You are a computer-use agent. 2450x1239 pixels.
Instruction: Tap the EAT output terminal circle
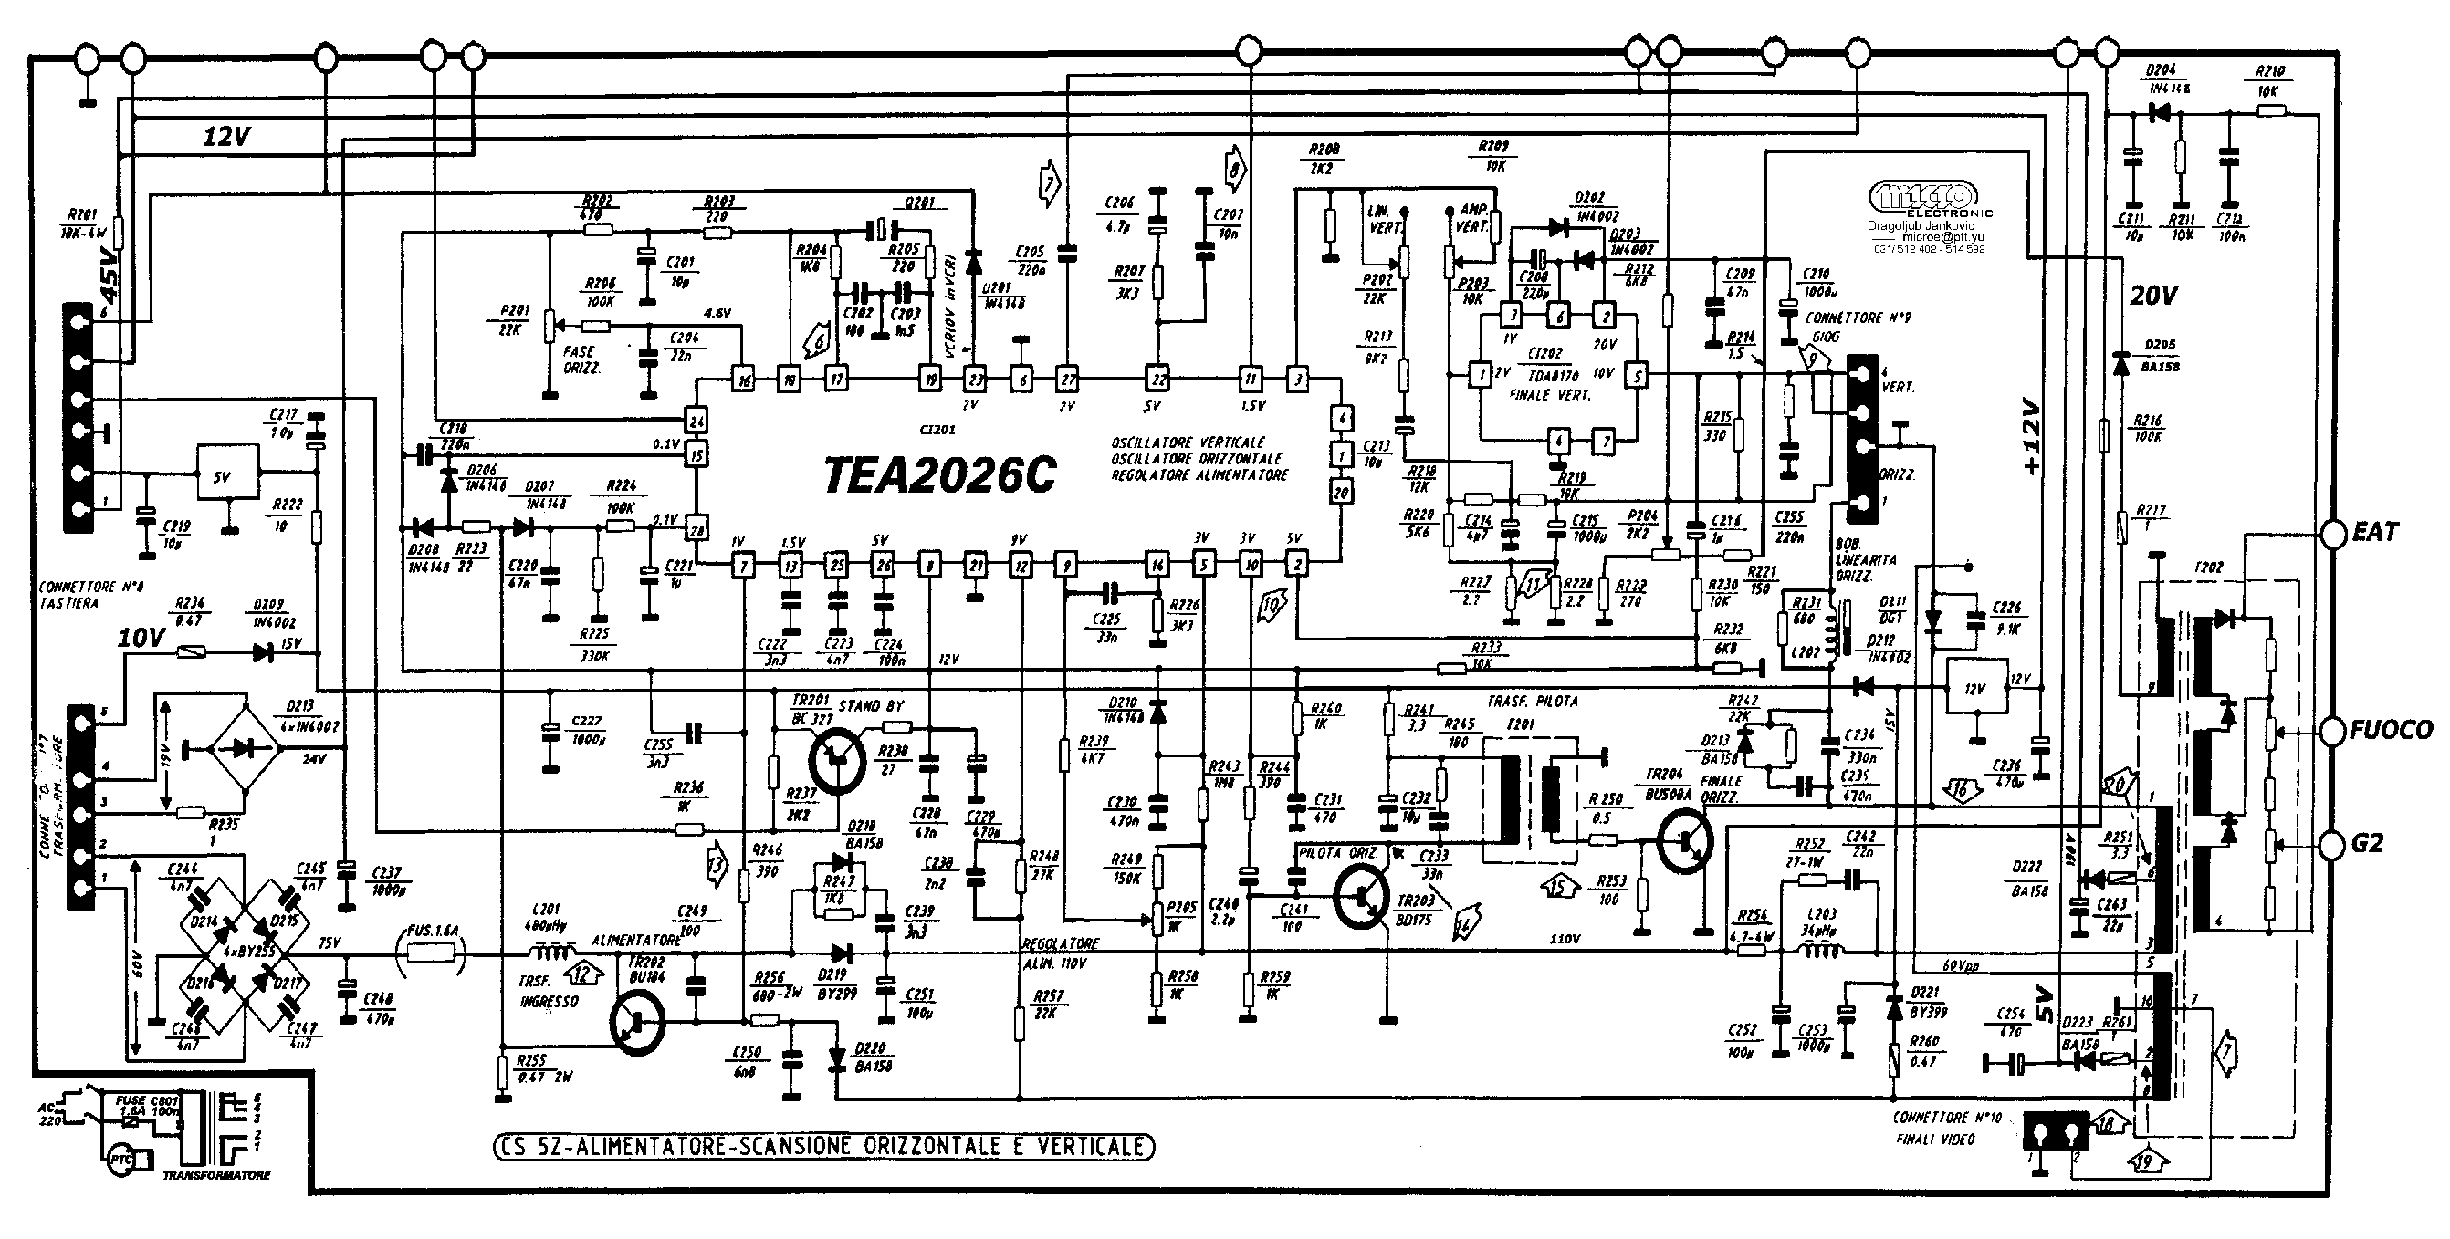pos(2333,534)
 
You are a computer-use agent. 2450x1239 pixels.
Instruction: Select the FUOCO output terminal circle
pos(2333,730)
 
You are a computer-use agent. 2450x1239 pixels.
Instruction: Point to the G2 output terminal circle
pos(2333,843)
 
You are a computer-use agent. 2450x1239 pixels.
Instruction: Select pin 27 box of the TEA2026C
pos(1068,379)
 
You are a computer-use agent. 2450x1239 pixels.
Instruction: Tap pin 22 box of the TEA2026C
pos(1157,379)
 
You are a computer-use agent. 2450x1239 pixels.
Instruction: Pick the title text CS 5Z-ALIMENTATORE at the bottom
pos(823,1147)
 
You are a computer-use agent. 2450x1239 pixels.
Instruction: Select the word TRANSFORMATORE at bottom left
pos(217,1175)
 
